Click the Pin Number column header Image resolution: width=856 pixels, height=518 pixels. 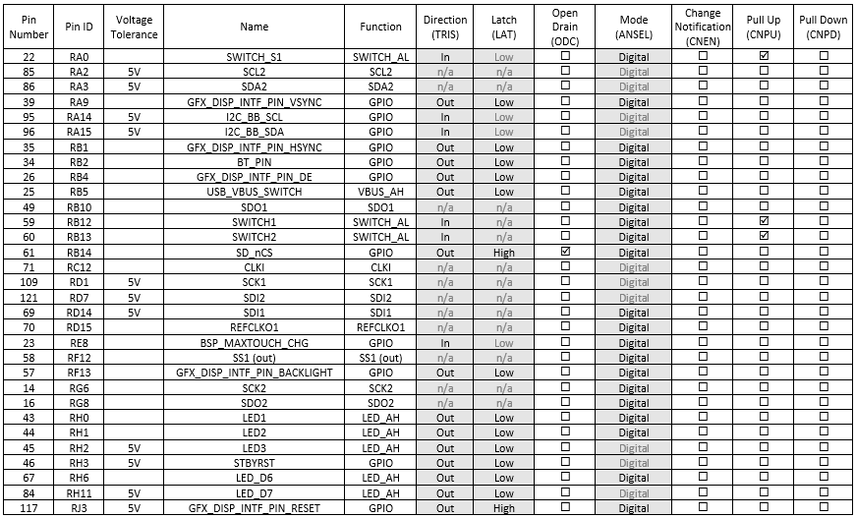click(x=29, y=27)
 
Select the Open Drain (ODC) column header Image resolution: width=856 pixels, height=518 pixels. click(x=565, y=27)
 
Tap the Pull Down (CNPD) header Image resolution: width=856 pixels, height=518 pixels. click(x=823, y=27)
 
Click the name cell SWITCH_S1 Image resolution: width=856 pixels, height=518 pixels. click(x=254, y=57)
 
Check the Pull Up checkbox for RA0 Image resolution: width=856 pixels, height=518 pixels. click(x=764, y=57)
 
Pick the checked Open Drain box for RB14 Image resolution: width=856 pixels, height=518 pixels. click(x=565, y=252)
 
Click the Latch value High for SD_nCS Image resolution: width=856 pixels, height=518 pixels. click(x=504, y=253)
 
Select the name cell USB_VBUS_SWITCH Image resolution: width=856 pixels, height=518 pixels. click(x=254, y=192)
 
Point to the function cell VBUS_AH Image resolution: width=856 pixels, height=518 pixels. click(x=380, y=192)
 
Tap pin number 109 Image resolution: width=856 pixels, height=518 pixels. click(x=29, y=282)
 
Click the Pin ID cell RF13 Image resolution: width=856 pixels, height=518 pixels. click(x=79, y=373)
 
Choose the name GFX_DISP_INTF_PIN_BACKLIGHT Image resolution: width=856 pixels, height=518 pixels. click(x=254, y=373)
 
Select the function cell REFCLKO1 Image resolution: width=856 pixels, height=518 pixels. click(x=380, y=327)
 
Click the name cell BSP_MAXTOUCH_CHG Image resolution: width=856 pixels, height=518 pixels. click(x=254, y=342)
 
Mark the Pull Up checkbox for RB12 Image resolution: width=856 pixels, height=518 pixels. click(x=764, y=222)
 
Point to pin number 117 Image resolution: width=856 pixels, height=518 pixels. click(x=29, y=508)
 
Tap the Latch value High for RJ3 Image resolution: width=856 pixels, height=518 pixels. click(x=504, y=508)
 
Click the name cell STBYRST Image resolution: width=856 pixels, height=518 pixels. click(x=254, y=463)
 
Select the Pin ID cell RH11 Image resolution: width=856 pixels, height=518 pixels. click(x=79, y=492)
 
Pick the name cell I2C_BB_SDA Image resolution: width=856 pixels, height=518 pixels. click(x=254, y=132)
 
